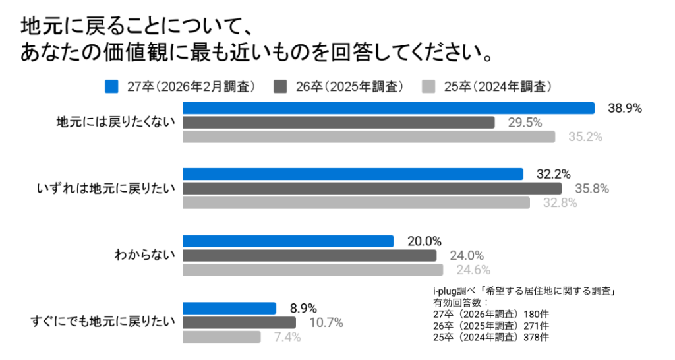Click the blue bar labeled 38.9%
point(388,108)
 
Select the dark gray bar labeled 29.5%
point(338,123)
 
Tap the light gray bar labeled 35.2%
point(368,137)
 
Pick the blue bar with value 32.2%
point(353,174)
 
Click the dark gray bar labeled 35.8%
point(372,189)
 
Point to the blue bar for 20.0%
point(287,241)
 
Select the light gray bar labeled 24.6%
point(312,270)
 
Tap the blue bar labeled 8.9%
point(229,308)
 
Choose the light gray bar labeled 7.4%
point(221,337)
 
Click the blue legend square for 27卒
point(111,86)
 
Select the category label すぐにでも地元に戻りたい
point(103,322)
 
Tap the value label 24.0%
point(467,256)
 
